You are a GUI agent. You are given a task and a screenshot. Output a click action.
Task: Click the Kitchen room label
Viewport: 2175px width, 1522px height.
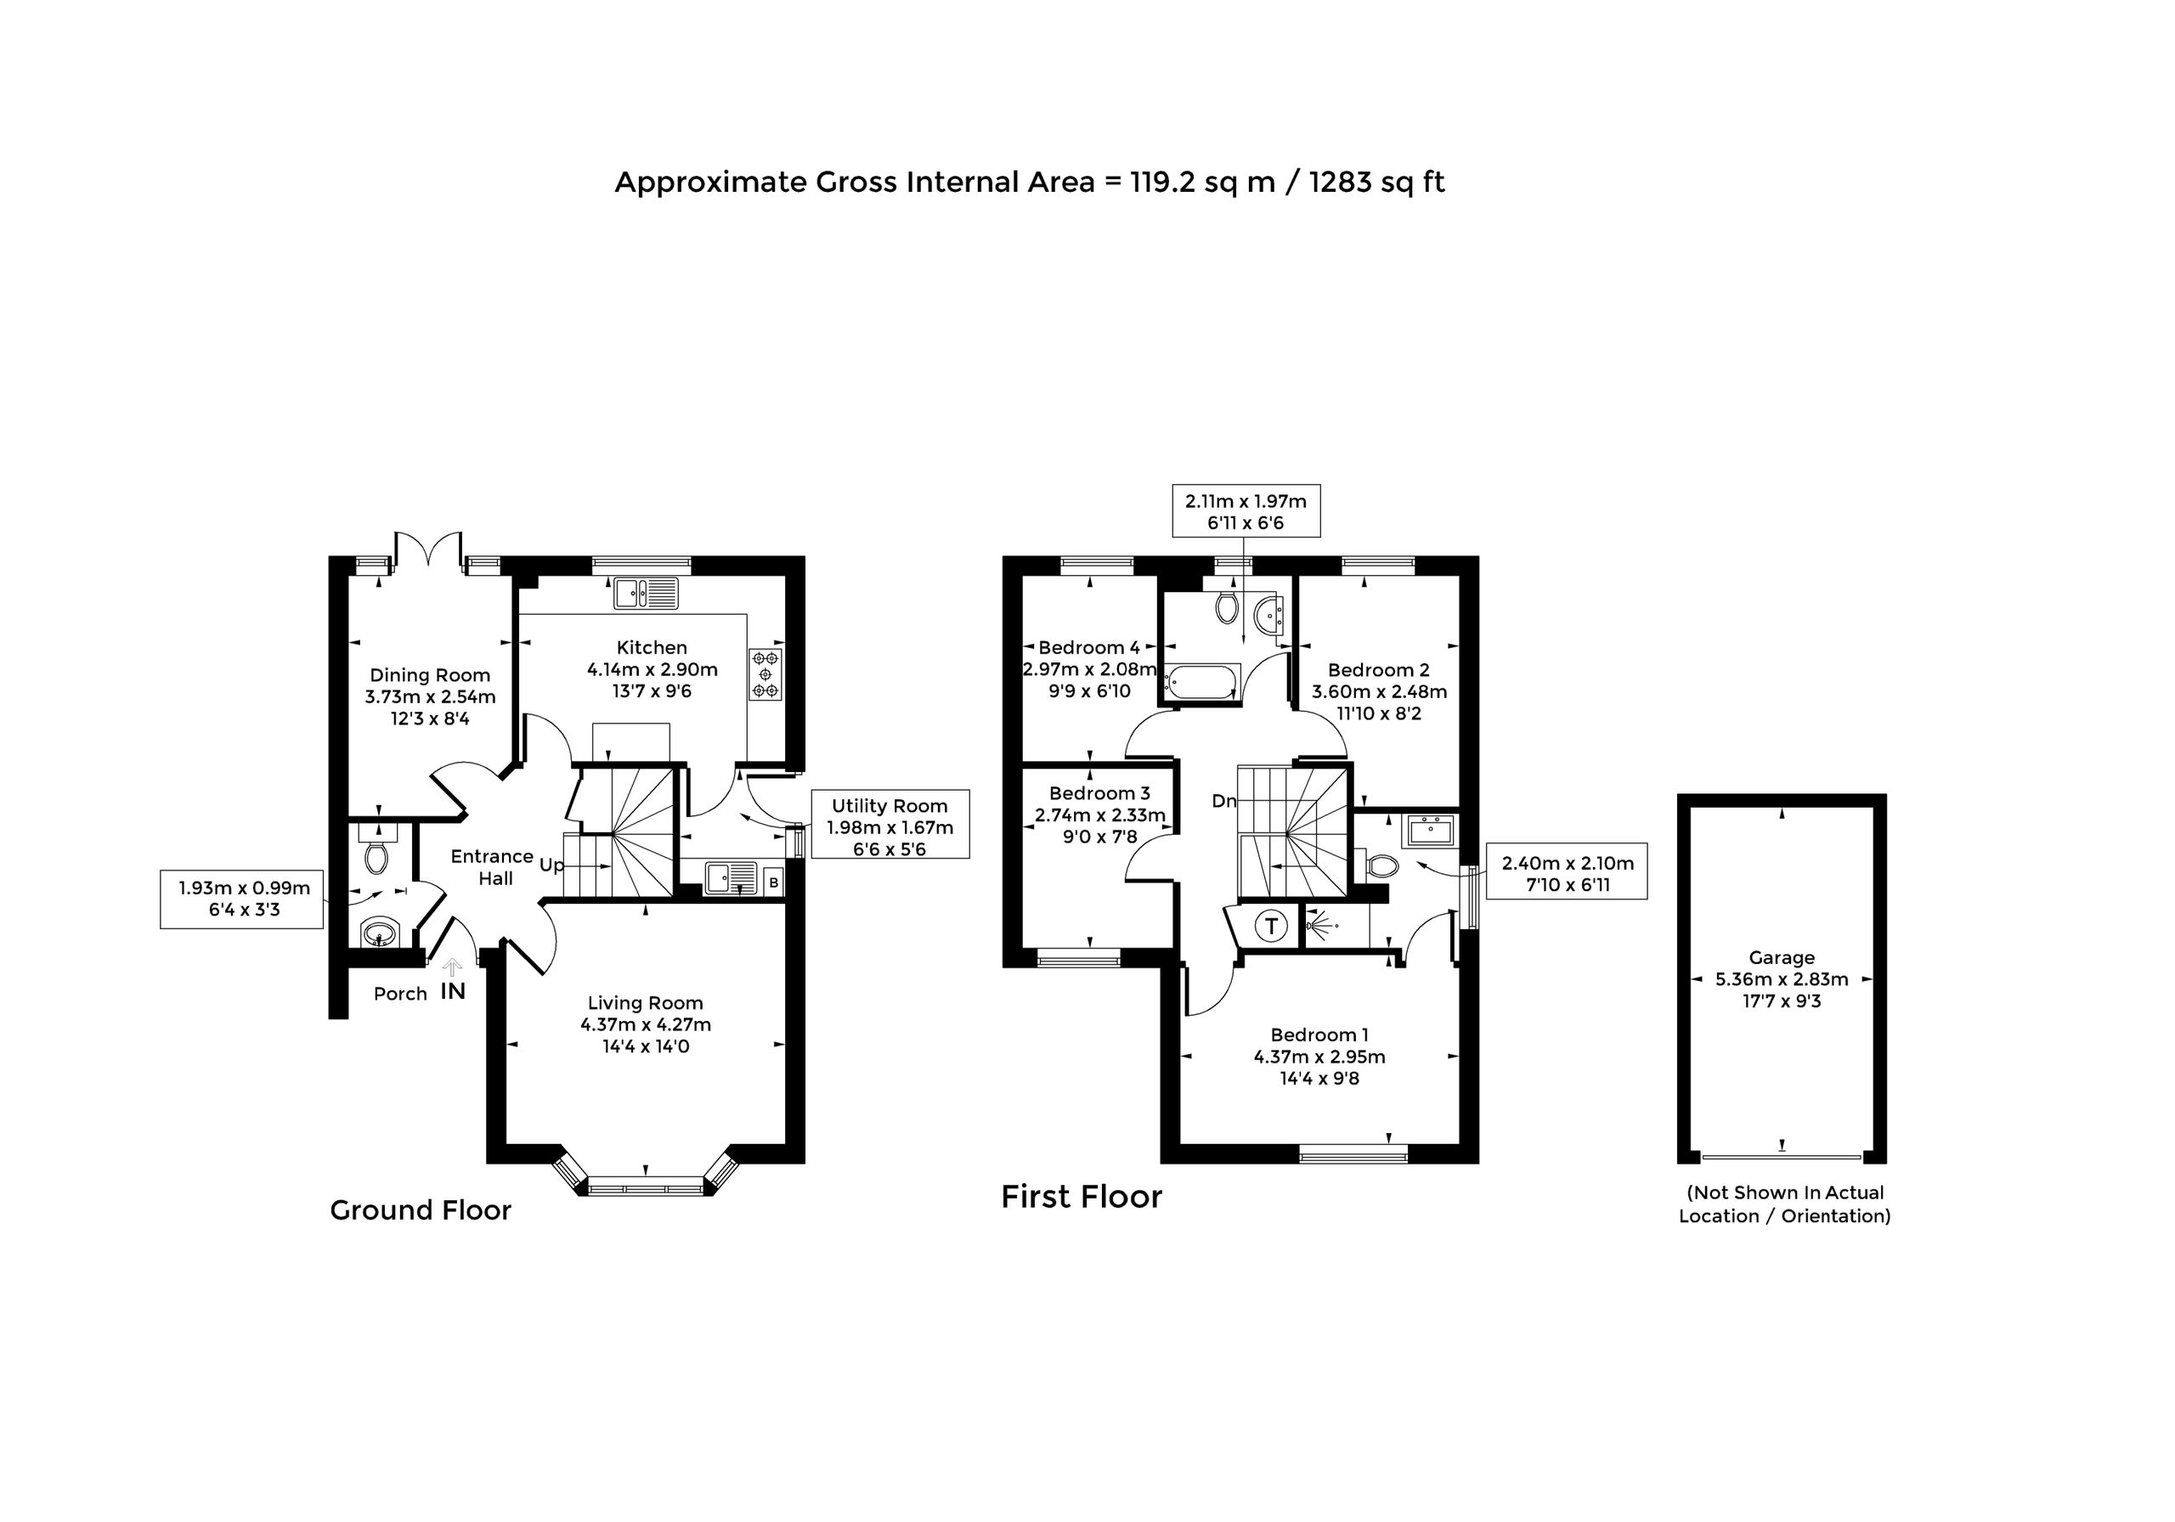click(x=652, y=648)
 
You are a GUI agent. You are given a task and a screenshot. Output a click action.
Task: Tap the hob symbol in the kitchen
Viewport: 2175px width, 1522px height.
click(x=765, y=674)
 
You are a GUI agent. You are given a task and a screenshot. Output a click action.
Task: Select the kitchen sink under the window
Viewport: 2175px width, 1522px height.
click(x=646, y=593)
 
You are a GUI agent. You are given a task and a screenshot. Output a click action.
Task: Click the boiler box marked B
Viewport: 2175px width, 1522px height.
click(x=773, y=882)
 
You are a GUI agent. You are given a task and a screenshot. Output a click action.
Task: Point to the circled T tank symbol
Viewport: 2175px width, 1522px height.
click(x=1271, y=925)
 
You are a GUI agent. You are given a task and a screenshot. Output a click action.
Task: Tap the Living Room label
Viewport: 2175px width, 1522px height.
click(x=645, y=1003)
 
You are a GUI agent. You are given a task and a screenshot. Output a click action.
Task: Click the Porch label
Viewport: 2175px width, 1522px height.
click(x=400, y=994)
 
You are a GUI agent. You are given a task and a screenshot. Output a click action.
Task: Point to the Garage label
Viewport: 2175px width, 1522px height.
click(x=1782, y=957)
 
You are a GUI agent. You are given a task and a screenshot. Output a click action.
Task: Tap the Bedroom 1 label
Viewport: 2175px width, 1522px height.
click(x=1319, y=1035)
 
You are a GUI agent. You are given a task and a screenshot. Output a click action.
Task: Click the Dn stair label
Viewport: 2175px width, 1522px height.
click(x=1224, y=801)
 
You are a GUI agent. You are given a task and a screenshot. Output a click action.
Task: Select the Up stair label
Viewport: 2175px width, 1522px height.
click(x=551, y=865)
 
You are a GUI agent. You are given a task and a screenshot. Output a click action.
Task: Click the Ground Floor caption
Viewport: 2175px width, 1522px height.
click(x=421, y=1210)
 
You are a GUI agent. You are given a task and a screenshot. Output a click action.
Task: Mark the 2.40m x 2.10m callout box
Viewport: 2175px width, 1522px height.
click(x=1568, y=871)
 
